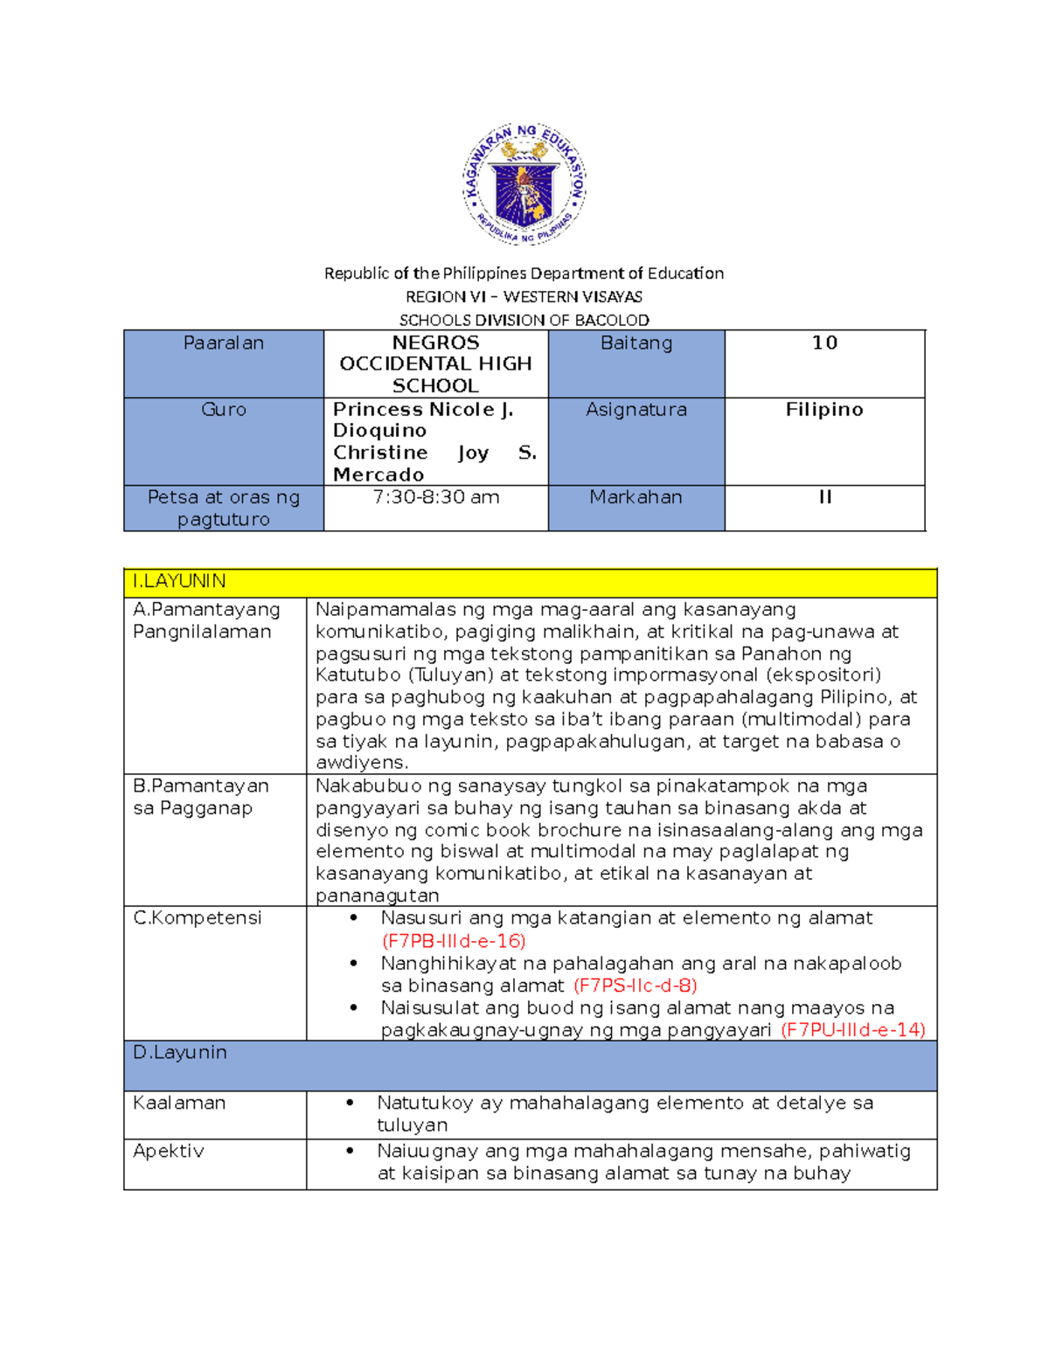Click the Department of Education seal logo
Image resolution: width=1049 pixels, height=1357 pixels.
524,184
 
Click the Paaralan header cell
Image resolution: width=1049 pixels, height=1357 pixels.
224,343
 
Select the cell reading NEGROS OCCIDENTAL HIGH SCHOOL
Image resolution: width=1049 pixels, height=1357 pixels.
435,363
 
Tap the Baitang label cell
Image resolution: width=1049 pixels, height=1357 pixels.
636,343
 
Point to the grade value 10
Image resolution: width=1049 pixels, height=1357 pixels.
824,343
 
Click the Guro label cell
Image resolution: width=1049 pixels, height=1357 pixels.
224,410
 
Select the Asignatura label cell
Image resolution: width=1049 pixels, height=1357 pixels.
636,410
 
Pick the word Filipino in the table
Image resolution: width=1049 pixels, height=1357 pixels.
824,410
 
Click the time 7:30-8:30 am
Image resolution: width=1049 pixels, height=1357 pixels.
435,497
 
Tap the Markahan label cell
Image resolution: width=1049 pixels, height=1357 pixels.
636,497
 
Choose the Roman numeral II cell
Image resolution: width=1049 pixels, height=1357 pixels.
824,497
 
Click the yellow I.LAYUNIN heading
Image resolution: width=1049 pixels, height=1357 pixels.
179,582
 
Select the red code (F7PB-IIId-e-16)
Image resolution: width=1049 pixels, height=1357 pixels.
454,941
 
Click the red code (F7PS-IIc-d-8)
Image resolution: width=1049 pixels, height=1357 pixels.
636,986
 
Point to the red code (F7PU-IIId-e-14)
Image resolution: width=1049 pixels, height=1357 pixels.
852,1030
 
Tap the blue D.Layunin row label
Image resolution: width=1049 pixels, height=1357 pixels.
180,1053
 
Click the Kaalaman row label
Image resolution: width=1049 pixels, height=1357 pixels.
179,1104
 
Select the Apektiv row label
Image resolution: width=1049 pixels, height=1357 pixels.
169,1152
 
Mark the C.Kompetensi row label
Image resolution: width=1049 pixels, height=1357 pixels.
198,918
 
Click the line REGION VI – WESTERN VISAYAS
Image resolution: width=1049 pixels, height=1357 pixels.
524,297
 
